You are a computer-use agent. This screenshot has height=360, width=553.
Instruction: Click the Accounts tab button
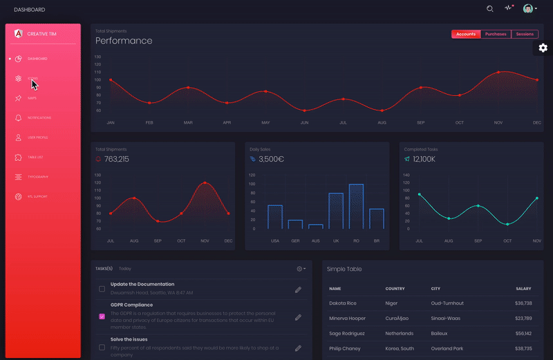pyautogui.click(x=466, y=34)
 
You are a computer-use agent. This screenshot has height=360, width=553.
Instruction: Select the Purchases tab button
pyautogui.click(x=496, y=34)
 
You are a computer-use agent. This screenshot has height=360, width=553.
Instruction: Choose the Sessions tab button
pyautogui.click(x=525, y=34)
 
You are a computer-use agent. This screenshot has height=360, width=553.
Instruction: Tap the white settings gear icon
pyautogui.click(x=543, y=48)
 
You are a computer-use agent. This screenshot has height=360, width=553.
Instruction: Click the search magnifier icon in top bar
pyautogui.click(x=490, y=9)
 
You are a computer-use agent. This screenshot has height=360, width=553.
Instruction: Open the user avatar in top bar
pyautogui.click(x=528, y=9)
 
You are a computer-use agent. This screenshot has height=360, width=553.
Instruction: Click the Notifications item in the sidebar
pyautogui.click(x=39, y=118)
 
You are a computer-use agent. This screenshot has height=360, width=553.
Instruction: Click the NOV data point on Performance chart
pyautogui.click(x=498, y=72)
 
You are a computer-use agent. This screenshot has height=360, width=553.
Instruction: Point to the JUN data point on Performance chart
pyautogui.click(x=304, y=111)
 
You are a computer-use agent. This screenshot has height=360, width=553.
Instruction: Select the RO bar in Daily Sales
pyautogui.click(x=356, y=206)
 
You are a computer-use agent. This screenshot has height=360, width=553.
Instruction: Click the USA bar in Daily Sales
pyautogui.click(x=275, y=216)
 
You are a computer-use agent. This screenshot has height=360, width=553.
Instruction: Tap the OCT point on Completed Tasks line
pyautogui.click(x=507, y=224)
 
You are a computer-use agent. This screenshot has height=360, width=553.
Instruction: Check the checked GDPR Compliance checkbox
pyautogui.click(x=102, y=316)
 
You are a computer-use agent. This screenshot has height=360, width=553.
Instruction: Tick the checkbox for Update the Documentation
pyautogui.click(x=102, y=289)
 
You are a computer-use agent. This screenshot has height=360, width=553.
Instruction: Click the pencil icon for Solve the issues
pyautogui.click(x=298, y=348)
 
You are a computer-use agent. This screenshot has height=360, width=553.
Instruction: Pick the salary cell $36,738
pyautogui.click(x=523, y=303)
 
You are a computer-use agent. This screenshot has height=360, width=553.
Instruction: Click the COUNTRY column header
pyautogui.click(x=395, y=288)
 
